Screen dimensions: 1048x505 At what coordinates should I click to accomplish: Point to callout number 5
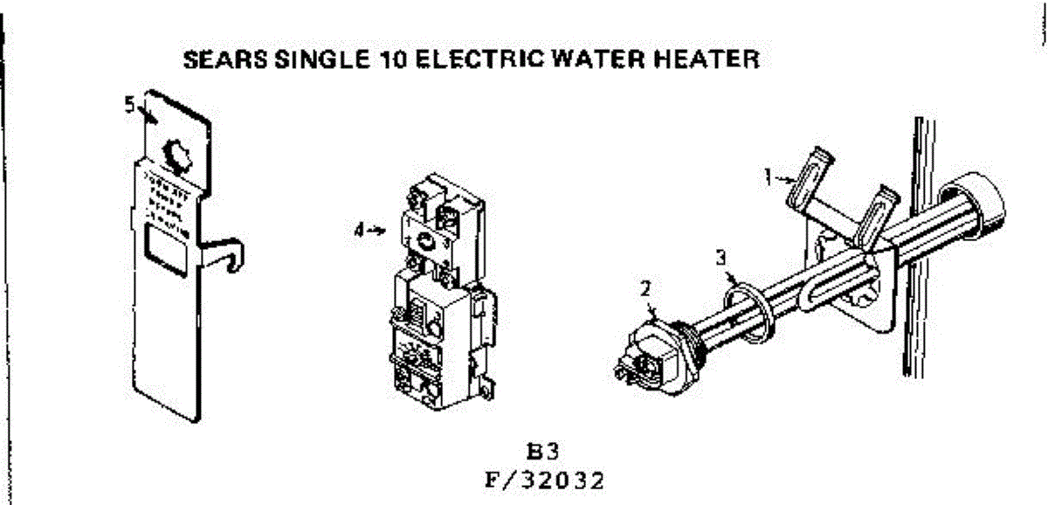[x=129, y=106]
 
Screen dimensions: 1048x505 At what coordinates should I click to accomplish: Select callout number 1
[x=766, y=177]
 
